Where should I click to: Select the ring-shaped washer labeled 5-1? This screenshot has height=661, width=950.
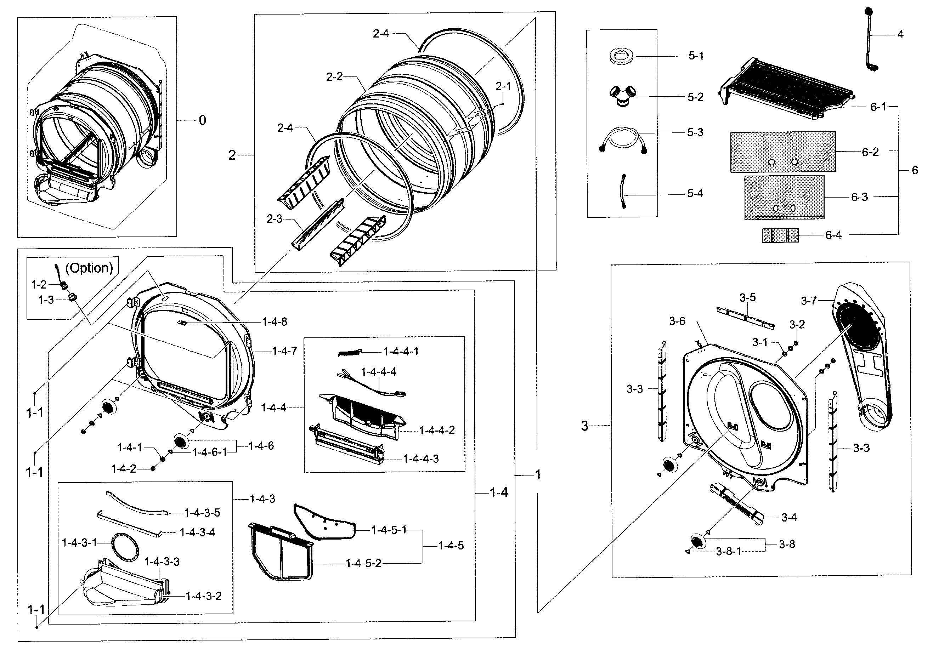tap(622, 56)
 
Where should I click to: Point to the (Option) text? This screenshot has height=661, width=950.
tap(89, 268)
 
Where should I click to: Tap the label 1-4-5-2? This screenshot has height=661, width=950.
tap(363, 563)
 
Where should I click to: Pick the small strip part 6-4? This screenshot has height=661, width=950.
tap(780, 235)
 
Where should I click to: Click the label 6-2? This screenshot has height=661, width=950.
tap(870, 152)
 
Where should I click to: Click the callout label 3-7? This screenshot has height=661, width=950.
tap(809, 301)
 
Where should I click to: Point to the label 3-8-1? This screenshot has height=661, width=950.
tap(729, 551)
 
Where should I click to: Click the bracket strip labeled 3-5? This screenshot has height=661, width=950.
tap(745, 318)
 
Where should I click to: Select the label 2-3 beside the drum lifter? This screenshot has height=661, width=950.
tap(274, 219)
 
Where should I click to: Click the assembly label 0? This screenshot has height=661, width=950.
tap(202, 120)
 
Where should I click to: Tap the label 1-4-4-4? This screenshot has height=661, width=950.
tap(379, 372)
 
